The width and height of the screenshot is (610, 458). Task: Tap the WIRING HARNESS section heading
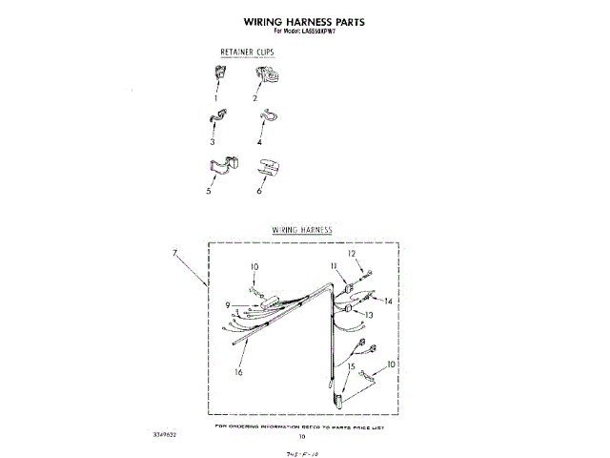(x=301, y=231)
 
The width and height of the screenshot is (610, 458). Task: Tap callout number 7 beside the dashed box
(x=175, y=253)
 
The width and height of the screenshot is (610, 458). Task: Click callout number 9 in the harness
(x=229, y=305)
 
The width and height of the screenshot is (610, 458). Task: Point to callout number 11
(x=334, y=265)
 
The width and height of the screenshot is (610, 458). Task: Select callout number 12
(x=351, y=254)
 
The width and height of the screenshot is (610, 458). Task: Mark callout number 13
(x=367, y=315)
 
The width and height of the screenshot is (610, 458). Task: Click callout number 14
(x=388, y=301)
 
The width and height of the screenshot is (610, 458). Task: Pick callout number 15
(x=352, y=366)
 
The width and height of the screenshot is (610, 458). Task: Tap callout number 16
(x=238, y=372)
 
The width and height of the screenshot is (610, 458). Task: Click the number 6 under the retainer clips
(x=259, y=191)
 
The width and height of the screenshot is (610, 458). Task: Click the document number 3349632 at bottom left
(x=164, y=433)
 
